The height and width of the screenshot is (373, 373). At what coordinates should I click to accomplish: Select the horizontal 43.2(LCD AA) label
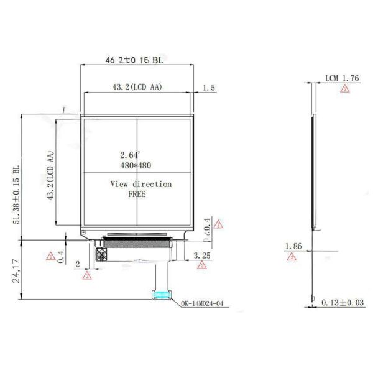point(137,88)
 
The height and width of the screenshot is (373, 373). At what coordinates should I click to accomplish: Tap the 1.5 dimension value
point(209,88)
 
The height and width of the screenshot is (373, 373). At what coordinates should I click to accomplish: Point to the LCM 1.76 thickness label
point(343,78)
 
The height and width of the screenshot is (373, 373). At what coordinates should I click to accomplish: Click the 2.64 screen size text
point(131,155)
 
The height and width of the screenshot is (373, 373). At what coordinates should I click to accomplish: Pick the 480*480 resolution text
point(136,165)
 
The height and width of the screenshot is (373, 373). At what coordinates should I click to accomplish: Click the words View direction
point(140,184)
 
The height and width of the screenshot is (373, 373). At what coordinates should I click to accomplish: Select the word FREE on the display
point(137,194)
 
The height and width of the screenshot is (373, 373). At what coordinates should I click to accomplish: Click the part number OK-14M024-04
point(203,304)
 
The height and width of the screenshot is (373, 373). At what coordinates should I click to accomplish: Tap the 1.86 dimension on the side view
point(293,247)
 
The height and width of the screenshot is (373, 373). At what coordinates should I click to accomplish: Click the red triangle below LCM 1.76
point(344,90)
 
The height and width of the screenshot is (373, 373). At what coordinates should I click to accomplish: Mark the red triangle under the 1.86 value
point(292,257)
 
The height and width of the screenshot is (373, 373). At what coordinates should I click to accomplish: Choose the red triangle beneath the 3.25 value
point(201,265)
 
